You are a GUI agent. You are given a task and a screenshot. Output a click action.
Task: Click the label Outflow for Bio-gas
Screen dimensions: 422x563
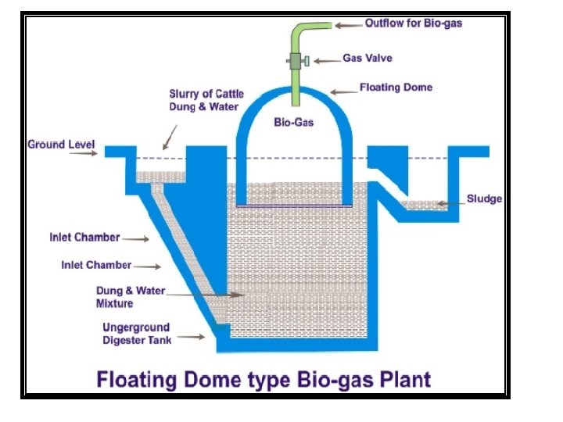tap(413, 23)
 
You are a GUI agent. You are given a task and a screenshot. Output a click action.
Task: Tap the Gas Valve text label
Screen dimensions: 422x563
tap(367, 59)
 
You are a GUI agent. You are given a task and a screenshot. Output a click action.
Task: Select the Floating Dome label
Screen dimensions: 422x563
tap(396, 88)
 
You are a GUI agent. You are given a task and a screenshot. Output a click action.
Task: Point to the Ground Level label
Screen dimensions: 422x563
tap(61, 145)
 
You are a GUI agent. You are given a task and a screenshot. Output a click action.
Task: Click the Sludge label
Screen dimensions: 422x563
tap(484, 198)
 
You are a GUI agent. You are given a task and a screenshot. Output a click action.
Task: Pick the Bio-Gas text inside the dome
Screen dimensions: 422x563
tap(294, 123)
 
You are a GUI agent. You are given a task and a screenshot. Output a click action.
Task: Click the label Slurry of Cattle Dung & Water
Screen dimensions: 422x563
tap(206, 100)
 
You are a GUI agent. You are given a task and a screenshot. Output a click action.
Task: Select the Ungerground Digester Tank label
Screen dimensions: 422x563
tap(136, 334)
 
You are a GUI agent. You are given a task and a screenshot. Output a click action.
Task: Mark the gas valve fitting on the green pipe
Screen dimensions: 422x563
tap(297, 60)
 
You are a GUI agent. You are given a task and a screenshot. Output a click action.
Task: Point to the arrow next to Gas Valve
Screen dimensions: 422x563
tap(326, 59)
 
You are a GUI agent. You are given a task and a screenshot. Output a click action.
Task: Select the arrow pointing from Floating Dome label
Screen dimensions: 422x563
tap(342, 91)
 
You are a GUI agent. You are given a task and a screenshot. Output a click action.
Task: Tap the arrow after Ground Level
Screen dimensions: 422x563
tap(84, 154)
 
